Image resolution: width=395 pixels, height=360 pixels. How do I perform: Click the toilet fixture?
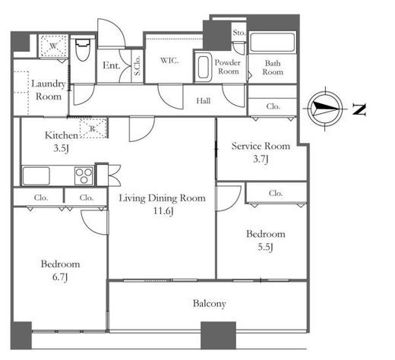83,50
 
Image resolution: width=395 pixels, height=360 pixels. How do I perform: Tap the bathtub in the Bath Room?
272,43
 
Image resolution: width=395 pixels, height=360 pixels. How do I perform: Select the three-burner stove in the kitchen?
84,175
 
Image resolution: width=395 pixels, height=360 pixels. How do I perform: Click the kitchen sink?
36,176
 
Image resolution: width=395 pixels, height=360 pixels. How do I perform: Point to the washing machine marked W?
53,46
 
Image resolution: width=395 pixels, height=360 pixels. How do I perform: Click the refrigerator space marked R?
93,128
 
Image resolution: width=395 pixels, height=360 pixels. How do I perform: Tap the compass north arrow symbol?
325,109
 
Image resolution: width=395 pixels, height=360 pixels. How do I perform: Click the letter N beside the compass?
359,109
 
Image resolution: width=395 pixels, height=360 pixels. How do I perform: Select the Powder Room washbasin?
204,68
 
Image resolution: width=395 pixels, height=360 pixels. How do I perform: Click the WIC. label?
169,61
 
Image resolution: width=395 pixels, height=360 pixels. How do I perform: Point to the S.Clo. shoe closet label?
137,65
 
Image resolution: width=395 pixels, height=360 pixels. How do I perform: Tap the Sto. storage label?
239,33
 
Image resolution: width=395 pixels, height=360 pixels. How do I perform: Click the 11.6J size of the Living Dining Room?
163,211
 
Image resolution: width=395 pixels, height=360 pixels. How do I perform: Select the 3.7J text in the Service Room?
261,159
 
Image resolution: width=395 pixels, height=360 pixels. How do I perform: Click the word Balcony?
210,304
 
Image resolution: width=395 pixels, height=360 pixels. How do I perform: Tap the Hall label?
204,101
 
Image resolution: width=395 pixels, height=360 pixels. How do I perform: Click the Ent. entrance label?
111,65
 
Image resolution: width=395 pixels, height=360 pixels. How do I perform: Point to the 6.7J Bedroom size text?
60,277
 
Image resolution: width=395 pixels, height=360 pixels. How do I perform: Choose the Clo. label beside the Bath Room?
273,106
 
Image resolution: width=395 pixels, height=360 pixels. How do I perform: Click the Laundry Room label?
49,90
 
